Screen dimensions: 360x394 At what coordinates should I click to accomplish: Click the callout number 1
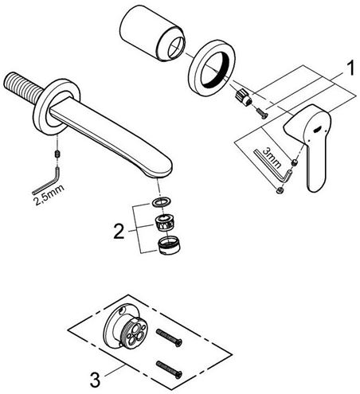(350, 68)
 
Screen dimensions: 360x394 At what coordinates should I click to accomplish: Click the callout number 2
(119, 231)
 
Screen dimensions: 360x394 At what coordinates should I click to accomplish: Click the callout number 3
(96, 380)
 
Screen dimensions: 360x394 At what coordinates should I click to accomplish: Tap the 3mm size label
(272, 158)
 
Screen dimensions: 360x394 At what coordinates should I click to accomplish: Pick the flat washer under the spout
(162, 201)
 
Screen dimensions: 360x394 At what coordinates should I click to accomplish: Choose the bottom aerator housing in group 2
(170, 246)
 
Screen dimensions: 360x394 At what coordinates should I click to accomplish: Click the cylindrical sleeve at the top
(152, 34)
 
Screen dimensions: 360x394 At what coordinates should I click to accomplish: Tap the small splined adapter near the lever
(244, 97)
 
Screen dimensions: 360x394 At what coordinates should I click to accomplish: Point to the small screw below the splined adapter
(262, 112)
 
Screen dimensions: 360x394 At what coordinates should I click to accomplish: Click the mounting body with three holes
(125, 326)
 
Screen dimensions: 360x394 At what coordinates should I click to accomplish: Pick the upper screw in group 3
(170, 338)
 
